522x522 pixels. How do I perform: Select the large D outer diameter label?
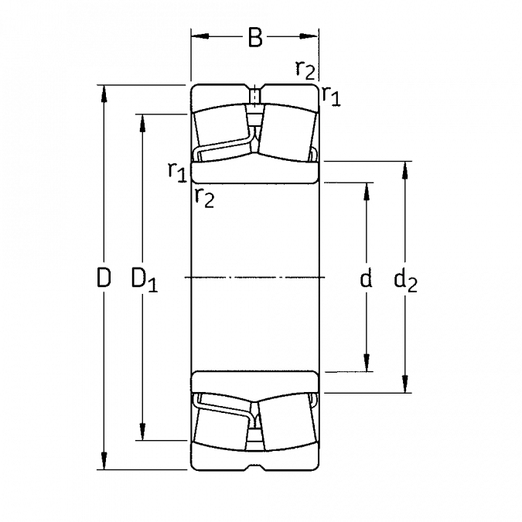coord(104,278)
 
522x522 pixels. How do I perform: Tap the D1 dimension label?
coord(144,280)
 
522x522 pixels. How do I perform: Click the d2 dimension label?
coord(405,281)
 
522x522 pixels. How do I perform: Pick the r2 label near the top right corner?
coord(305,70)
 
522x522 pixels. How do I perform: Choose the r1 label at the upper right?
coord(331,96)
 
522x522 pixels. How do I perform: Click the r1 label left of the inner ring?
coord(176,172)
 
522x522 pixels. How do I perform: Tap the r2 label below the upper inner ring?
coord(204,198)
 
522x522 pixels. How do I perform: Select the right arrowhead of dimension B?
coord(309,36)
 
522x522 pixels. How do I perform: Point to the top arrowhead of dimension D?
coord(104,94)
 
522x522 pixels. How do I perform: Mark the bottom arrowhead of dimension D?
coord(104,461)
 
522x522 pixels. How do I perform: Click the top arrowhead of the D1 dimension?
coord(143,123)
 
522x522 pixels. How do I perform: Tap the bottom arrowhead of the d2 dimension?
coord(405,384)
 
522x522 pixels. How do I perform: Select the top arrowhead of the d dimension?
coord(367,192)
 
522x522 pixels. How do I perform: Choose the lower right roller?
coord(288,425)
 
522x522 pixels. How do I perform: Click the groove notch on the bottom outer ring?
coord(255,467)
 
